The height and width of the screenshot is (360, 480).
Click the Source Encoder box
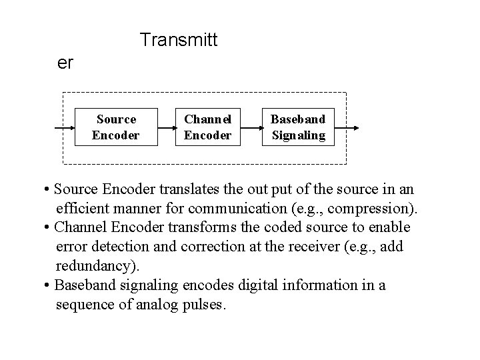coord(116,127)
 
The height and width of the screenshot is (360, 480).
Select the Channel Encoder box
coord(207,127)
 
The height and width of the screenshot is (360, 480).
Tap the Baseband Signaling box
coord(298,127)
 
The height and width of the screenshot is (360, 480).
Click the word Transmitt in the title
coord(179,40)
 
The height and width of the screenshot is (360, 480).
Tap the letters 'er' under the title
coord(65,63)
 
